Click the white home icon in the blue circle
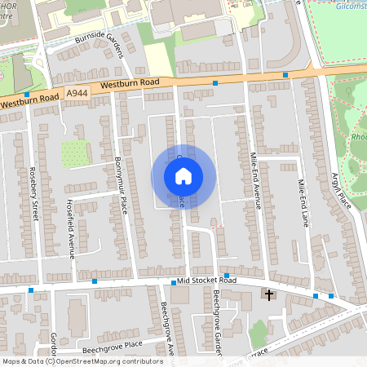[183, 175]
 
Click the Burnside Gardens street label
[103, 46]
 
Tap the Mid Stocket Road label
[206, 281]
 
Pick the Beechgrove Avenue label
[167, 330]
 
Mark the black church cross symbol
[268, 294]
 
